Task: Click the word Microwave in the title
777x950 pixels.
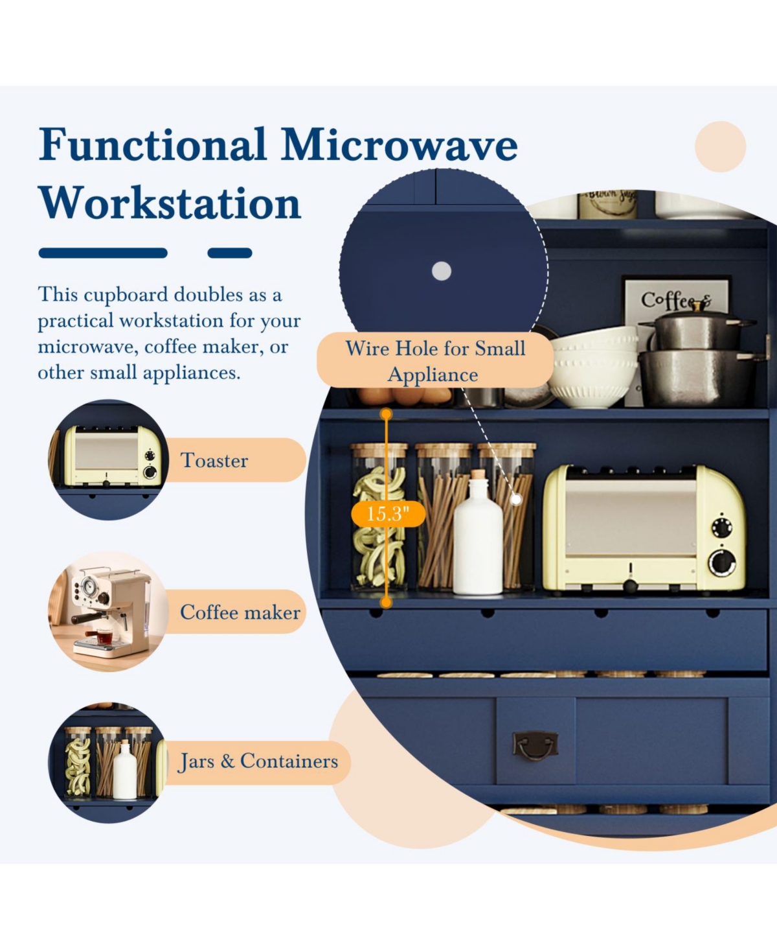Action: (x=399, y=145)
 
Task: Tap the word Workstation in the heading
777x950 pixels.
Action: (x=170, y=203)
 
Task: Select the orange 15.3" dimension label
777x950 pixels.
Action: (x=388, y=514)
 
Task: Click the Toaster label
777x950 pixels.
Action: (x=214, y=460)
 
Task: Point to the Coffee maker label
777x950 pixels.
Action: (x=240, y=612)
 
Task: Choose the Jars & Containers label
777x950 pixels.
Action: (x=258, y=761)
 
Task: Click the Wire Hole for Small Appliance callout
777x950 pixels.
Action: (x=435, y=361)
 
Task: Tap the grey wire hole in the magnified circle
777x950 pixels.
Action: (x=442, y=271)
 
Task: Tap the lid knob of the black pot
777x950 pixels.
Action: (x=698, y=307)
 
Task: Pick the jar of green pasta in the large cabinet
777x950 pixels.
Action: (x=379, y=517)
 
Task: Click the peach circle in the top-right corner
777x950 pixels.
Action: (x=720, y=146)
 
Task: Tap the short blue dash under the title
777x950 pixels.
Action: (x=230, y=253)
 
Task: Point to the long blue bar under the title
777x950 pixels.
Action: (x=103, y=253)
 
